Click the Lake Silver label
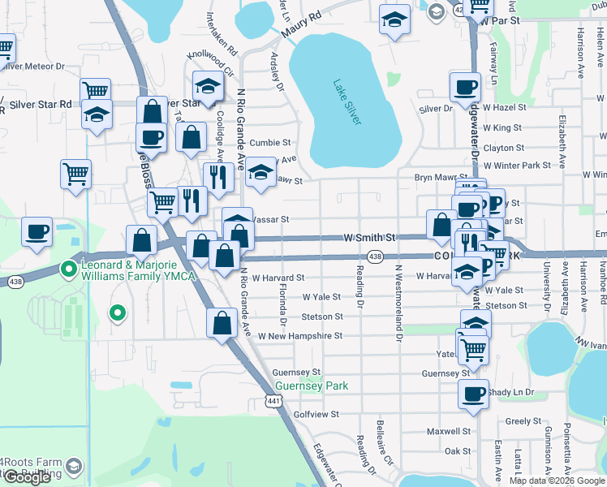pyautogui.click(x=347, y=101)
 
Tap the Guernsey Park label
pyautogui.click(x=312, y=386)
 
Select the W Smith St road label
pyautogui.click(x=369, y=238)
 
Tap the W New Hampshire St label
pyautogui.click(x=299, y=335)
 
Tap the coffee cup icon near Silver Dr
pyautogui.click(x=466, y=87)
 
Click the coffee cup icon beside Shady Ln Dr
pyautogui.click(x=474, y=394)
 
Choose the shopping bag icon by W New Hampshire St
pyautogui.click(x=222, y=323)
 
